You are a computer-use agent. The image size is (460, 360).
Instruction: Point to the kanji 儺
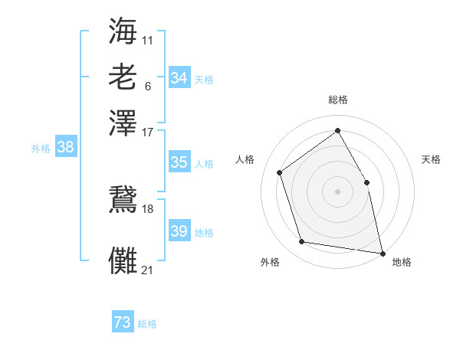123,260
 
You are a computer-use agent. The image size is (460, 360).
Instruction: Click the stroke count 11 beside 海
148,38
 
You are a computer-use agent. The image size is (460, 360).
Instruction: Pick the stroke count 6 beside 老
148,86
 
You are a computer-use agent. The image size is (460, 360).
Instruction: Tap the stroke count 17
148,132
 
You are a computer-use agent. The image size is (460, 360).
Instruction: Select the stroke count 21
148,270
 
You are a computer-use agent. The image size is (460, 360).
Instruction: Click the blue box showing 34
179,78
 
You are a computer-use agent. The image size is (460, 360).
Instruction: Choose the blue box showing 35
179,162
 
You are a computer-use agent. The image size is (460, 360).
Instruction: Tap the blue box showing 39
179,231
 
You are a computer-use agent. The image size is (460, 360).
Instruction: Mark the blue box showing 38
65,148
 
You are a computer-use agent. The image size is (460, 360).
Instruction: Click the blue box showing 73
123,322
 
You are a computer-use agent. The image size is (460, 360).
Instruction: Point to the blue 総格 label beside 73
147,324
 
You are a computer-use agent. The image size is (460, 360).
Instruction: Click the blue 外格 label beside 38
41,149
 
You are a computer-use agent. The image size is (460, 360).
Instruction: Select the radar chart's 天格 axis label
431,159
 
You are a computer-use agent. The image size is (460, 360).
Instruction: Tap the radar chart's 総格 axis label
338,100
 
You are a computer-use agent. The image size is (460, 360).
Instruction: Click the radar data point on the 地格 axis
382,252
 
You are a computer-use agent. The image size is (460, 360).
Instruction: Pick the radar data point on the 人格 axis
280,172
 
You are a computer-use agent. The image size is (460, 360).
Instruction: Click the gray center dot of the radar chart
337,191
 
